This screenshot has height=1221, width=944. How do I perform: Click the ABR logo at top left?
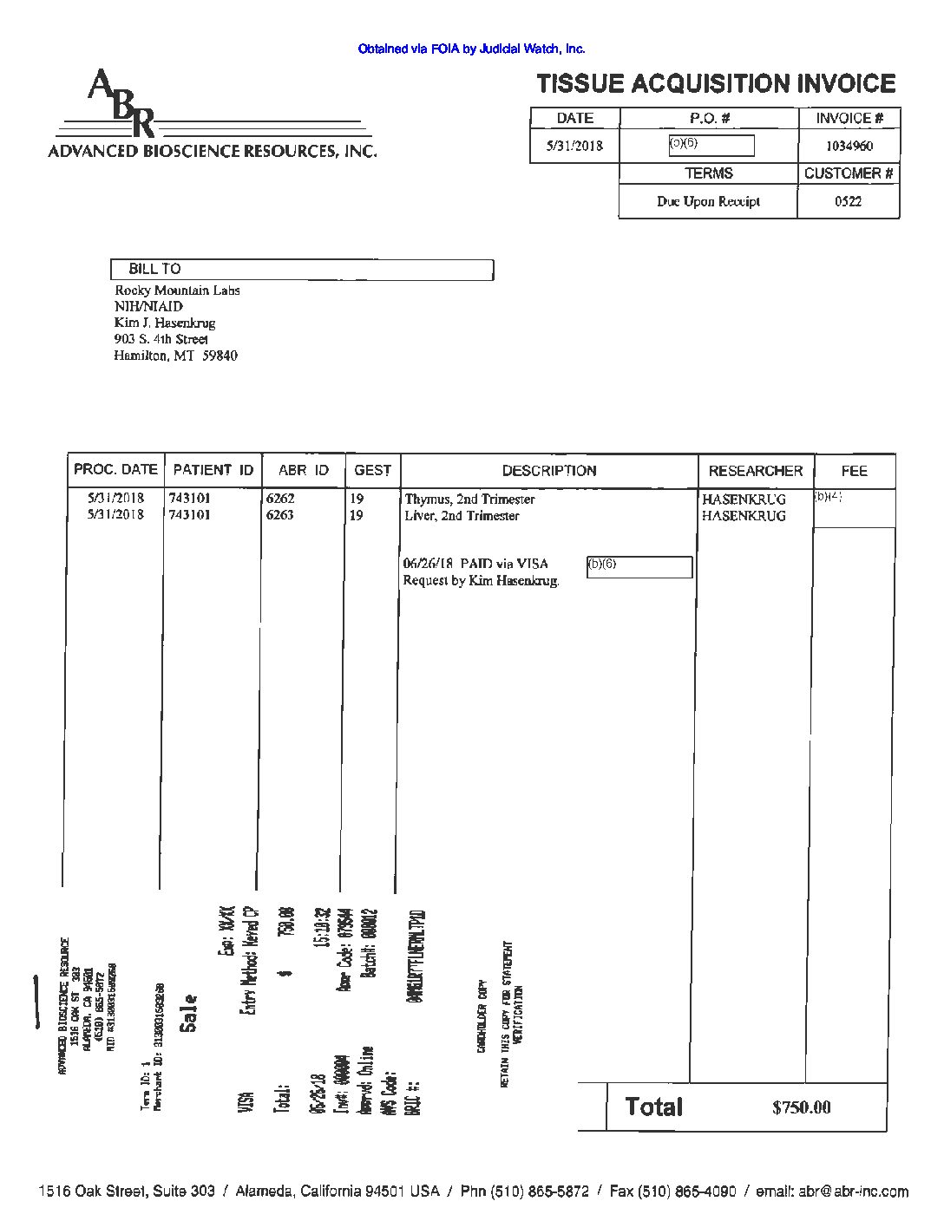[x=121, y=104]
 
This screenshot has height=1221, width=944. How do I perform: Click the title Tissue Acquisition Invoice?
[x=716, y=84]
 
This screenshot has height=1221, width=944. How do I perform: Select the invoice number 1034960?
[x=849, y=146]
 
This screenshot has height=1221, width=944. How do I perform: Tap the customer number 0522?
[x=848, y=201]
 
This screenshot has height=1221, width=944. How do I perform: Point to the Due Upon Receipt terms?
[x=708, y=201]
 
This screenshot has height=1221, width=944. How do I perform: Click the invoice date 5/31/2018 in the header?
[x=574, y=146]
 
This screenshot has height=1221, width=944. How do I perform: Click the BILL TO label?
[x=154, y=269]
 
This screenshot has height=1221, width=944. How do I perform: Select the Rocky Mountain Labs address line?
[x=177, y=291]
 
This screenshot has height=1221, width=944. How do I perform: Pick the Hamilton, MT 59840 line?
[x=175, y=356]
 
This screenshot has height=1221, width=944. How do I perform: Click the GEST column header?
[x=372, y=470]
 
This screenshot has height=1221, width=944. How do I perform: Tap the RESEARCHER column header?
[x=756, y=471]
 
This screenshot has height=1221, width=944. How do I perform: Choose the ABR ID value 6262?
[x=279, y=499]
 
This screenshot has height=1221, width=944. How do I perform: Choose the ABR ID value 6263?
[x=279, y=515]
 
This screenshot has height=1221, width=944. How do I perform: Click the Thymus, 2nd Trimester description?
[x=469, y=499]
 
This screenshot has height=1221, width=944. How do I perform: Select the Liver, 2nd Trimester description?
[x=462, y=516]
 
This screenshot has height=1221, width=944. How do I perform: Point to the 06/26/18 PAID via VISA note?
[x=475, y=564]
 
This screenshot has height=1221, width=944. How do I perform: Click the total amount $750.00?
[x=801, y=1107]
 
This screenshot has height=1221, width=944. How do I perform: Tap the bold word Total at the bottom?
[x=654, y=1107]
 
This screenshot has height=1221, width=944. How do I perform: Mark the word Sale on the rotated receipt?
[x=188, y=1013]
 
